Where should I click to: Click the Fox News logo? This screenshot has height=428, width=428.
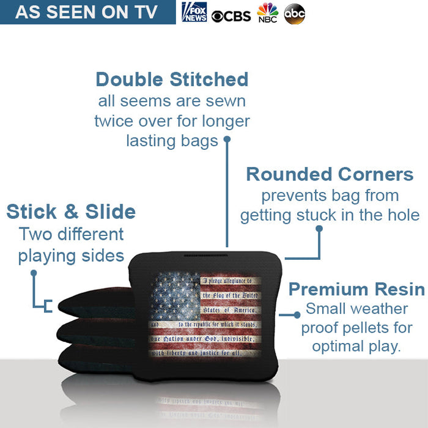[x=194, y=12]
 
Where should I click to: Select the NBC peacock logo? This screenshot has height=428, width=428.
[x=267, y=12]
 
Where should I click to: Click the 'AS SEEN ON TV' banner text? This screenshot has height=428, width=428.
[x=86, y=12]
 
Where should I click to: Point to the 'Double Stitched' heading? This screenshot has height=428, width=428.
[x=172, y=79]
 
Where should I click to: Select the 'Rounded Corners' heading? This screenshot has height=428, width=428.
[x=330, y=174]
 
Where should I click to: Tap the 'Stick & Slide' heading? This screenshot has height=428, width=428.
[x=71, y=212]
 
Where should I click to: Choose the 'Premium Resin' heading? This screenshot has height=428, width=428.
[x=356, y=289]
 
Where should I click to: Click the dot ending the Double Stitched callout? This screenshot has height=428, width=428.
[x=227, y=139]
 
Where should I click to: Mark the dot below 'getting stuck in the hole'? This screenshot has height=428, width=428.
[x=319, y=228]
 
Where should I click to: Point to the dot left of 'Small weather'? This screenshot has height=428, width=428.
[x=297, y=315]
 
